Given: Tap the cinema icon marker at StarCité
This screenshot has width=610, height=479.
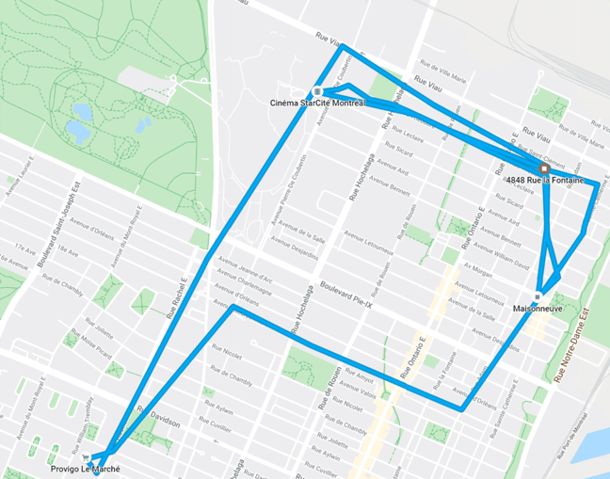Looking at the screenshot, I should [318, 91].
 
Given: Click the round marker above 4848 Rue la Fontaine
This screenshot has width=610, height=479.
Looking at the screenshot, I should [543, 168].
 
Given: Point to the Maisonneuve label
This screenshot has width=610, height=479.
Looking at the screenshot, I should [538, 307].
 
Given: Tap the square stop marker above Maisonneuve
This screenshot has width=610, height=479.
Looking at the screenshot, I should [538, 295].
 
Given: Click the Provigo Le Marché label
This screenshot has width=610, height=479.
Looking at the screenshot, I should [86, 468].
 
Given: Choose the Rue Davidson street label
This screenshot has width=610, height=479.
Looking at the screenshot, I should [157, 421].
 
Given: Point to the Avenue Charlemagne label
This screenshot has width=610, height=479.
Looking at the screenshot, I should [242, 281].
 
